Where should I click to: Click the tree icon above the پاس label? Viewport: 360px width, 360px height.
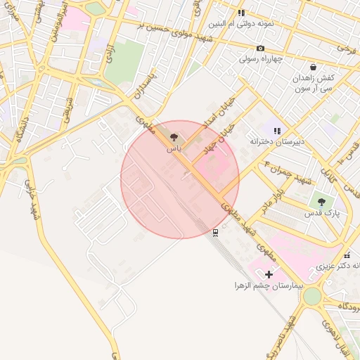(174, 138)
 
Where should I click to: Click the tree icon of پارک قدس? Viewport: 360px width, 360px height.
(321, 202)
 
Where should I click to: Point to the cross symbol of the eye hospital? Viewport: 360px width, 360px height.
(269, 274)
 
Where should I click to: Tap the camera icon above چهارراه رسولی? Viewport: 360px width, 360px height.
(260, 48)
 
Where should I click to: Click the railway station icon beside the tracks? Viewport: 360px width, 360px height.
(215, 232)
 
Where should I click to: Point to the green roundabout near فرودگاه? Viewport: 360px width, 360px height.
(311, 297)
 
